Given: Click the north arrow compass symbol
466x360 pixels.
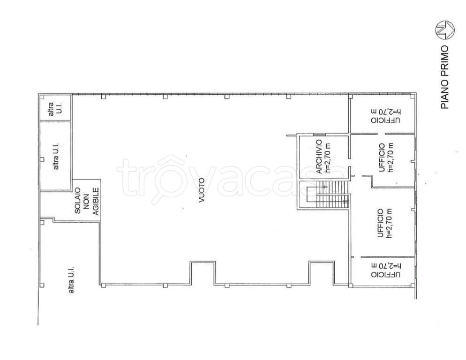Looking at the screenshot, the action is (x=445, y=30).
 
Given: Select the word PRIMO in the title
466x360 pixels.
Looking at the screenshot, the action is (x=444, y=60).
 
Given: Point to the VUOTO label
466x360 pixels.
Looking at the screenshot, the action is (x=202, y=190).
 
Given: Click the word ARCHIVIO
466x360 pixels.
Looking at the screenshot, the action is (x=319, y=157).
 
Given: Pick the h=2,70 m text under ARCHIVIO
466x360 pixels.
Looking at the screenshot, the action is (x=328, y=158).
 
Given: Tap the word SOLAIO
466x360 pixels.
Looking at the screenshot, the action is (x=77, y=200).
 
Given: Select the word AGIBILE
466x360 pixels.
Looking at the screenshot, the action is (x=96, y=201).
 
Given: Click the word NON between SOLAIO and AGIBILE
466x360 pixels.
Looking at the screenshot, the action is (x=87, y=202).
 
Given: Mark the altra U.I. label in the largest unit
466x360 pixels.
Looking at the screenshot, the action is (x=71, y=279).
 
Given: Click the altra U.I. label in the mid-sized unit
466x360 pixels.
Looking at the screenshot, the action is (x=56, y=156).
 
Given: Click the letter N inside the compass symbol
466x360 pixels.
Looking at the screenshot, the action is (x=444, y=30).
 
